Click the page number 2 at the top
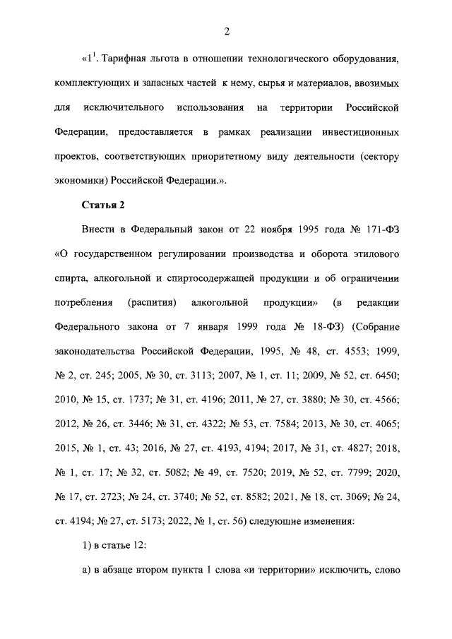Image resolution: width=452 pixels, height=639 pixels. (x=226, y=30)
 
